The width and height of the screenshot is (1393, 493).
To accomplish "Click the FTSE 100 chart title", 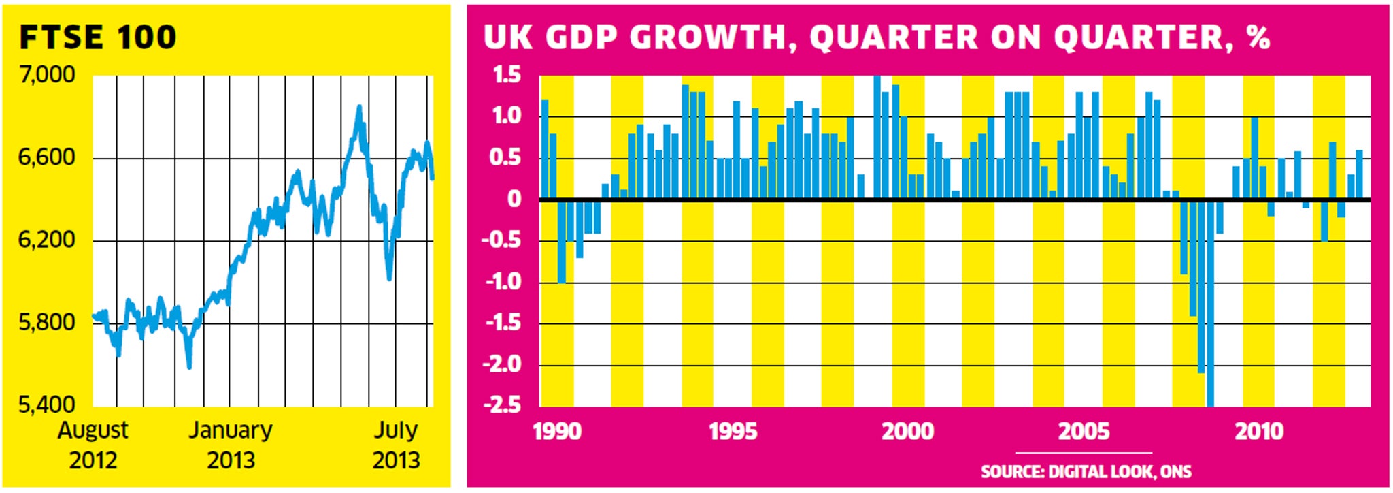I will coord(98,37).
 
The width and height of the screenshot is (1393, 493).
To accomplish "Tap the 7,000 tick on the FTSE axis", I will coord(47,74).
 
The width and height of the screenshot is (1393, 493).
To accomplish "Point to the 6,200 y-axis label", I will coord(47,240).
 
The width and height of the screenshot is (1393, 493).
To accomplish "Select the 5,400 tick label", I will coord(47,404).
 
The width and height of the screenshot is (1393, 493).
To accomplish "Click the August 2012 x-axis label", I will coord(93,445).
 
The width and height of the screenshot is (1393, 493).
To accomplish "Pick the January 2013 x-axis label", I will coord(231,445).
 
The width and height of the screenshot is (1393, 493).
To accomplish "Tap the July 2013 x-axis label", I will coord(396,445).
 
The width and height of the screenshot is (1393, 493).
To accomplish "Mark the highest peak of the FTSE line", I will coord(359,108).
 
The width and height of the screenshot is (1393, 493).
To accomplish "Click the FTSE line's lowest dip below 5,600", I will coord(189,367).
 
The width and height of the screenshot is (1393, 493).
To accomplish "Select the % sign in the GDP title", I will coord(1258,37).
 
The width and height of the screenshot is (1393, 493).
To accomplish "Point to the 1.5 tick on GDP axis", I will coord(507,75).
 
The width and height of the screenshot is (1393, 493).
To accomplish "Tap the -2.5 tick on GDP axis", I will coord(502,405).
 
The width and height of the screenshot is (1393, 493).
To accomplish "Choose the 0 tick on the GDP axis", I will coord(514,200).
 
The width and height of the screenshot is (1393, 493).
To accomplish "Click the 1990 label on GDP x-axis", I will coord(557,431).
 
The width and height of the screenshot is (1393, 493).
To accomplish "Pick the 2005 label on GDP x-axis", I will coord(1084,431).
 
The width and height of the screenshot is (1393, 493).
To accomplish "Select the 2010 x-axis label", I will coord(1260,431).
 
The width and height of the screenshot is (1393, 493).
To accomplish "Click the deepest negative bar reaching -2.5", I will coord(1210,306).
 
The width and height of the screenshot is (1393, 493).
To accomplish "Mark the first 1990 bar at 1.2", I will coord(545,150).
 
